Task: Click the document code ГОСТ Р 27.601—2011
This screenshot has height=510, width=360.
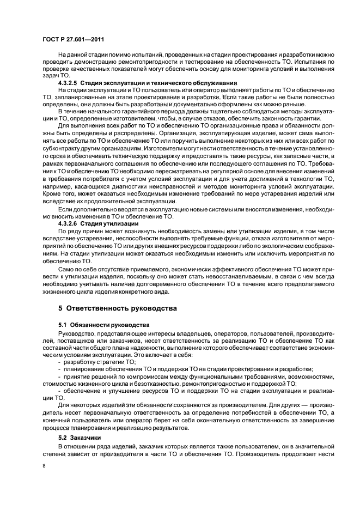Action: pyautogui.click(x=74, y=40)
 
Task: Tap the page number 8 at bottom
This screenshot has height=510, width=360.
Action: pyautogui.click(x=44, y=466)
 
